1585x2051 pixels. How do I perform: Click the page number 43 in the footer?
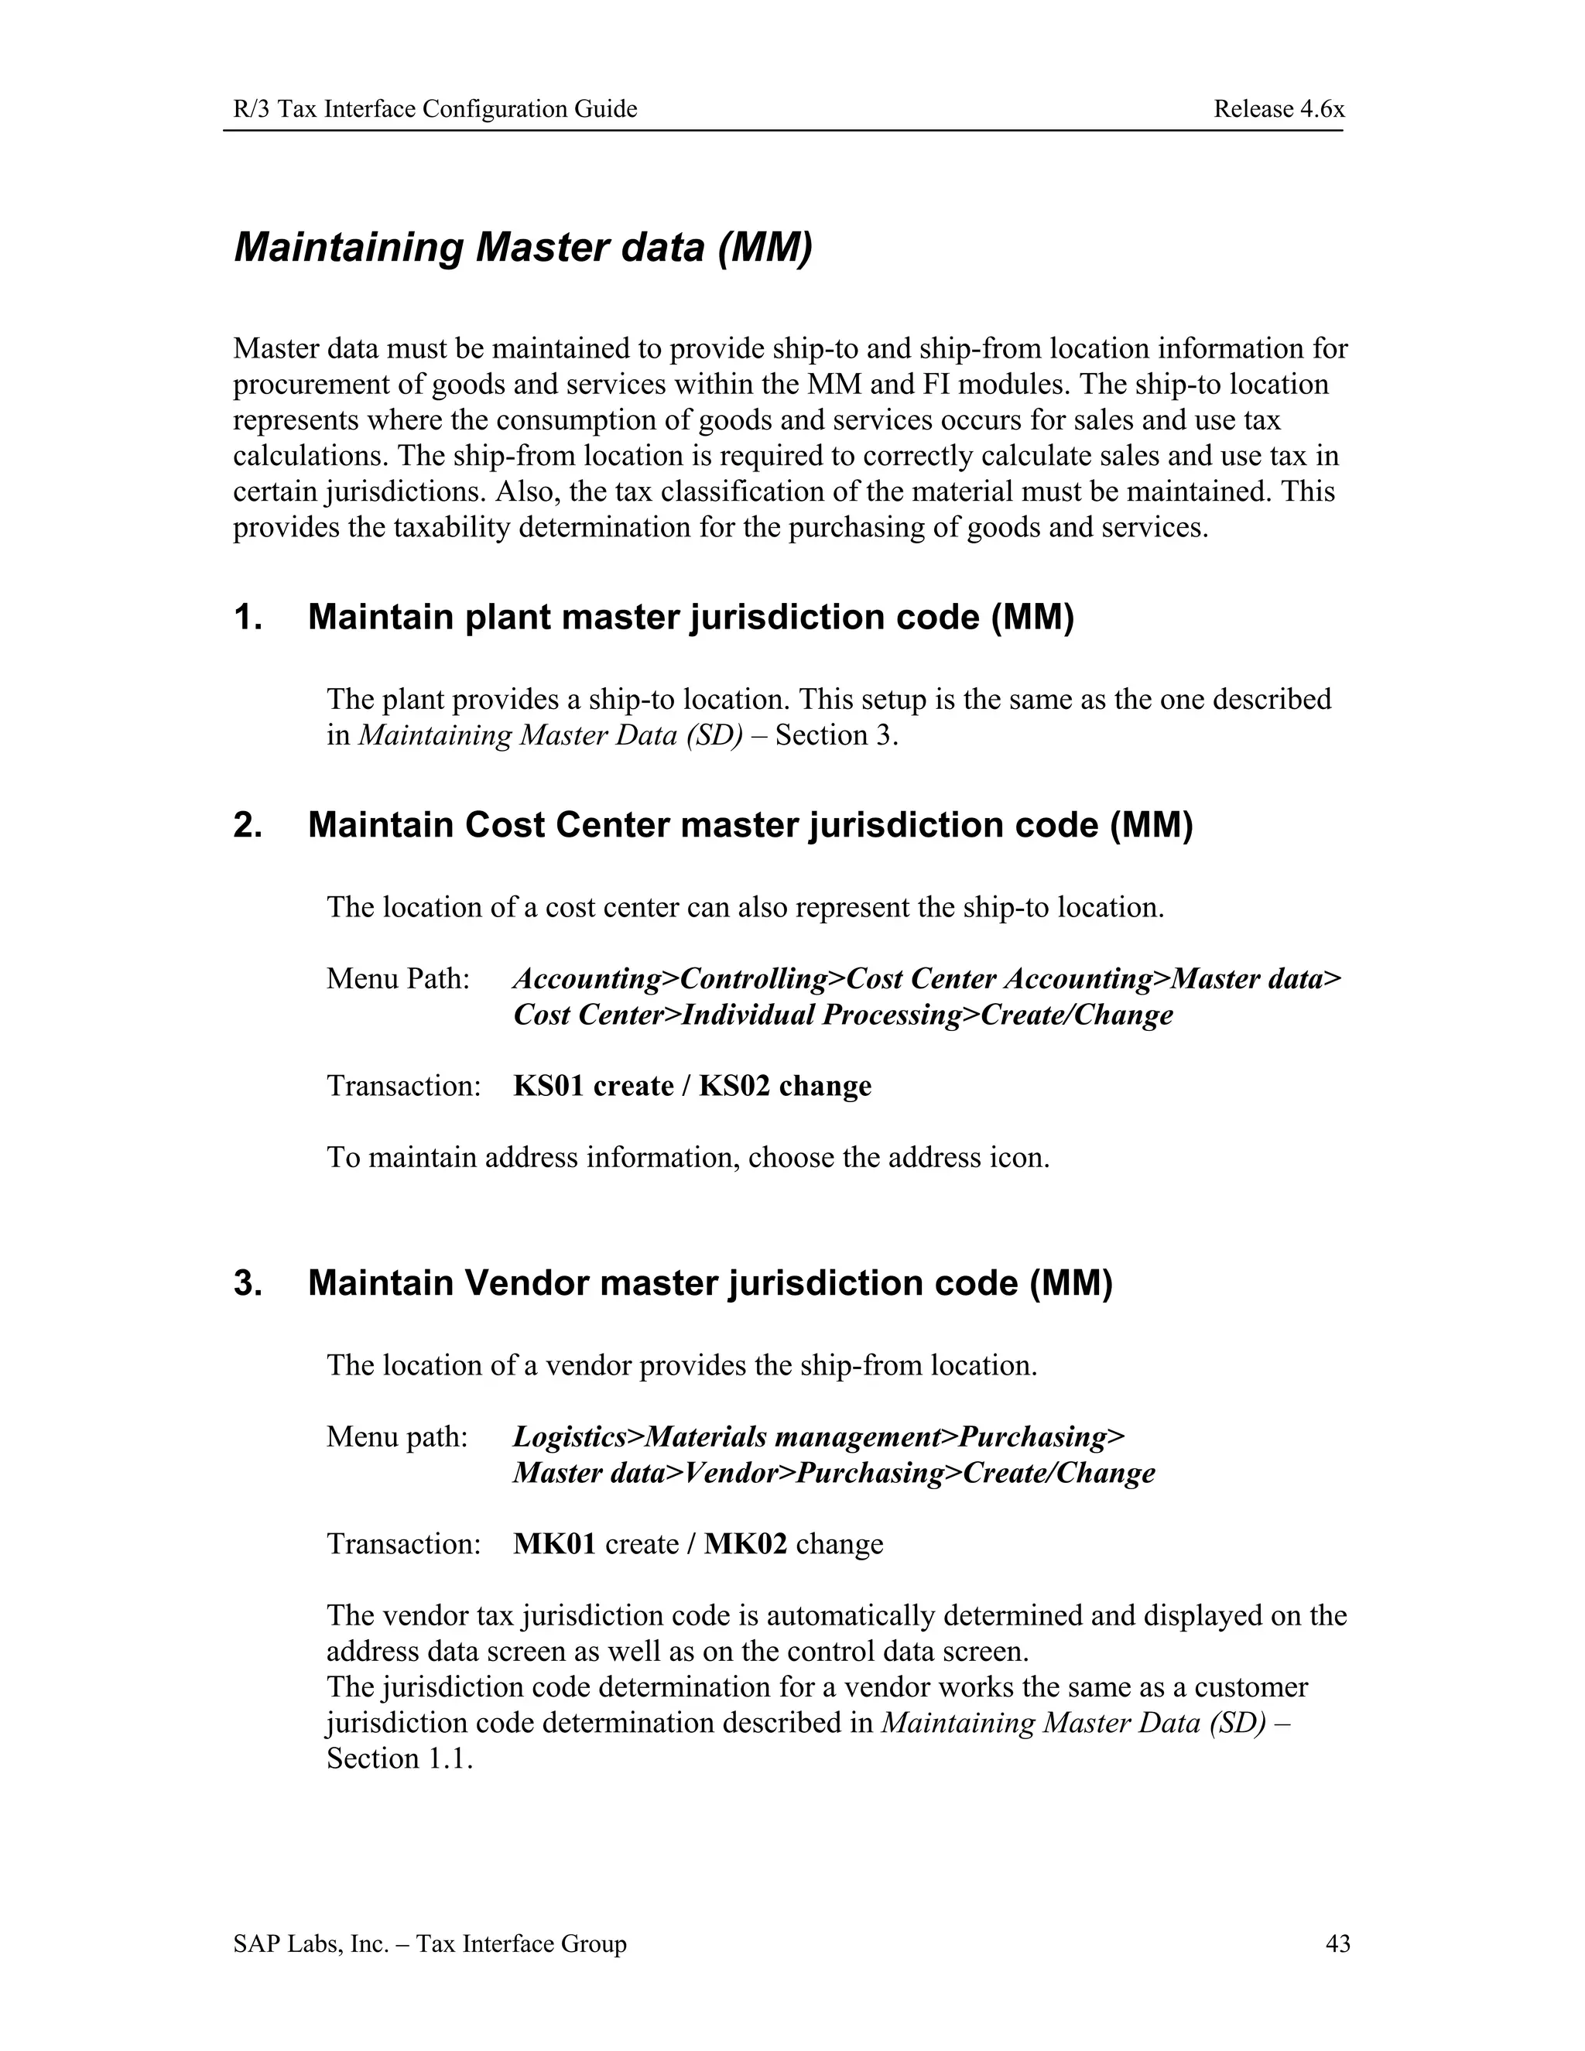(1337, 1943)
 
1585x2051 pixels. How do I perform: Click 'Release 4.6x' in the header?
(1278, 109)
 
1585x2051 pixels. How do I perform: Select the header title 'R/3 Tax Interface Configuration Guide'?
(435, 109)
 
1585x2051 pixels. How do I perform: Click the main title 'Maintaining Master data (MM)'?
(522, 247)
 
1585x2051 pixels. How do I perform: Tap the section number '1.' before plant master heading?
(248, 617)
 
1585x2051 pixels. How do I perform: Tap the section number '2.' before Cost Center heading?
(248, 824)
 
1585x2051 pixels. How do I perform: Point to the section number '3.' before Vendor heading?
(248, 1282)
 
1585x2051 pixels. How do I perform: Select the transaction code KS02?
(734, 1086)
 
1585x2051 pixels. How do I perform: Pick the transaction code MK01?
(554, 1544)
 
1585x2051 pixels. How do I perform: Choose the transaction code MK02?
(745, 1544)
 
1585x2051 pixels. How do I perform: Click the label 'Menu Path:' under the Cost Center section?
(398, 978)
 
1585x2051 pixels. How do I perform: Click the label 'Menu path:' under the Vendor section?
(396, 1436)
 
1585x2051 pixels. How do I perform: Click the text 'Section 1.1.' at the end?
(399, 1758)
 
